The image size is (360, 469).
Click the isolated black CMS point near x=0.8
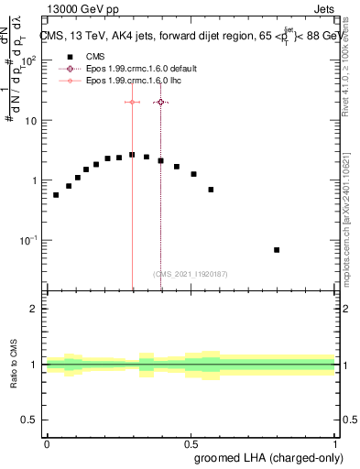point(277,250)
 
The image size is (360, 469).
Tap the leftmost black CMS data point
point(56,195)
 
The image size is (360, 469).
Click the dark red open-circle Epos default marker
point(161,103)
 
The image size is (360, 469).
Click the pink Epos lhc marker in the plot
point(133,103)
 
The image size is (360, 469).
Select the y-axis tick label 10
point(31,121)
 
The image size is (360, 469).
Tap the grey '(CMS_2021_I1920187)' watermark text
point(191,273)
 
